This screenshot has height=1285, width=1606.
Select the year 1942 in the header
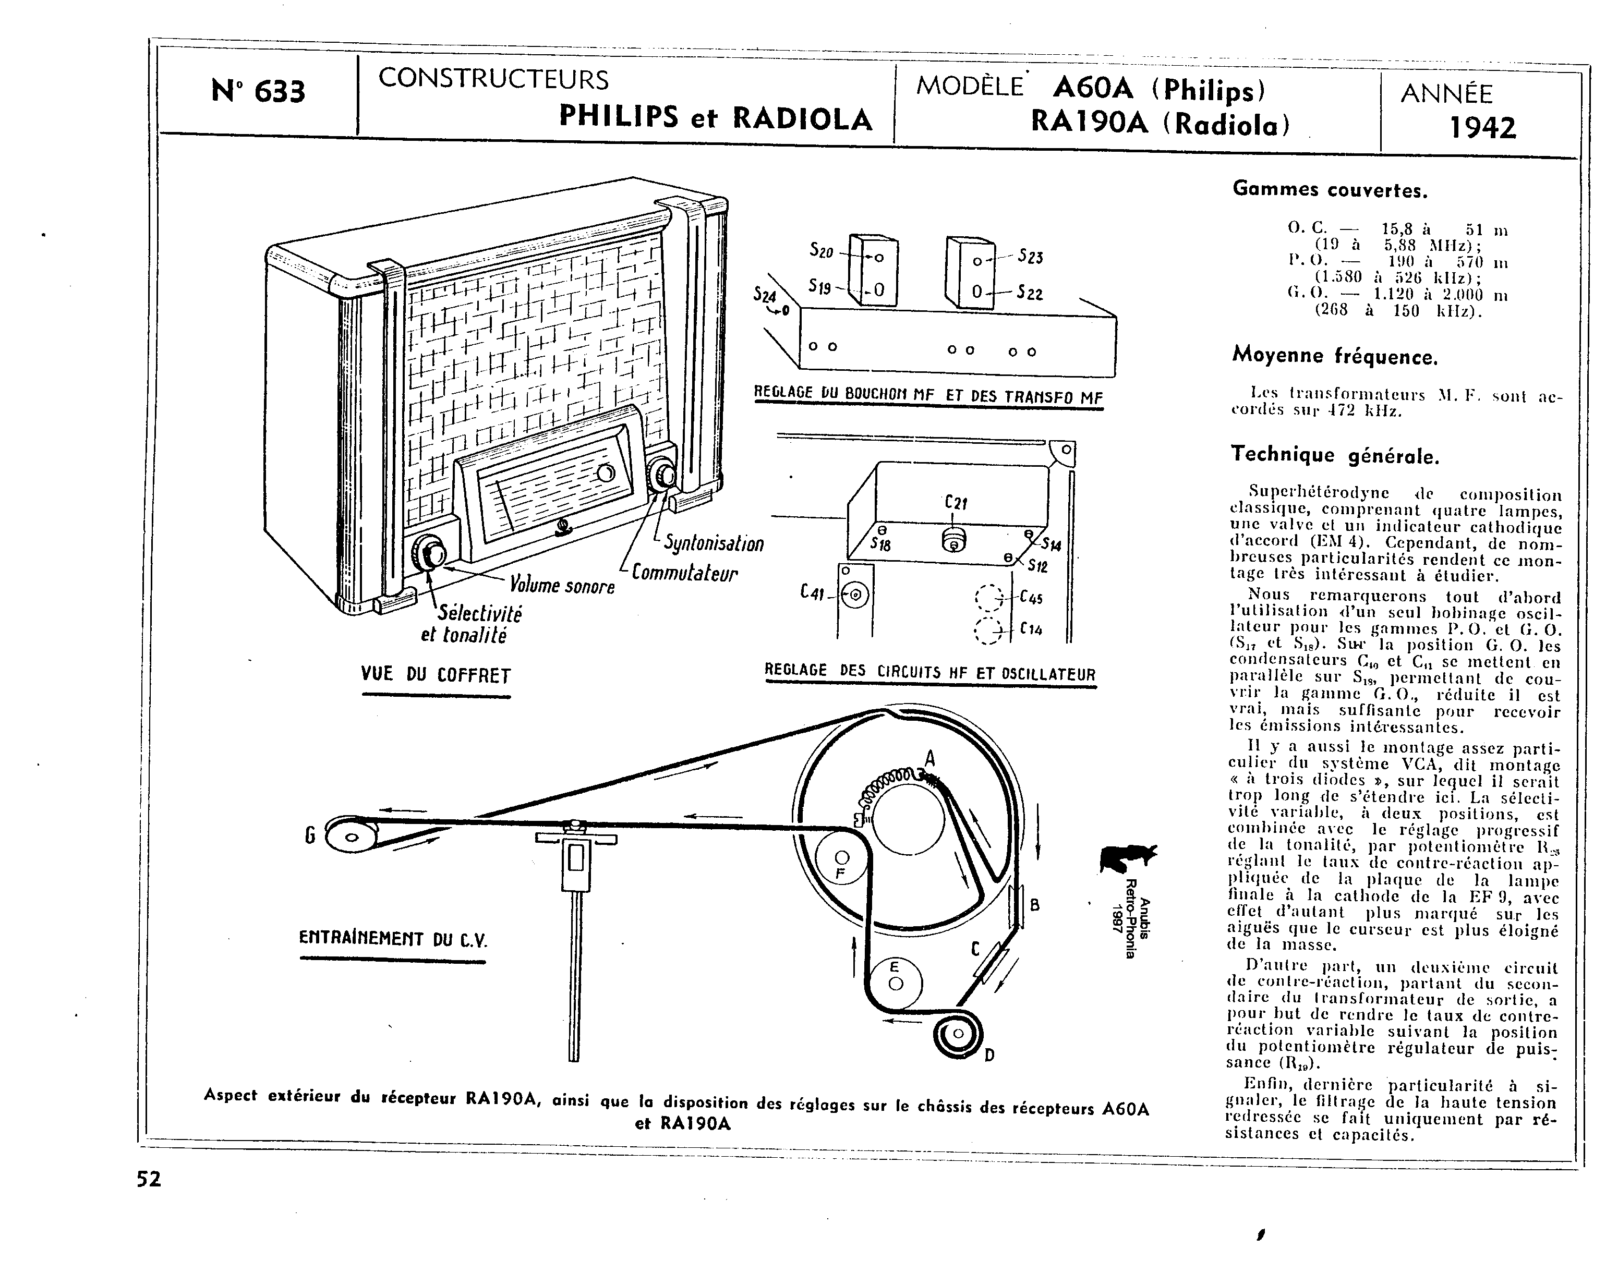click(x=1482, y=128)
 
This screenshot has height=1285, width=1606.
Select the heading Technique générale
click(x=1335, y=454)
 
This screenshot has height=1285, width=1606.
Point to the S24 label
click(x=764, y=296)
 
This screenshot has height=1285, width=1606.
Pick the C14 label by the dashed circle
click(x=1031, y=629)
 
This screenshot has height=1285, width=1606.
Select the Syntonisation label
click(x=714, y=544)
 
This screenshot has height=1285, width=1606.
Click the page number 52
click(x=149, y=1179)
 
